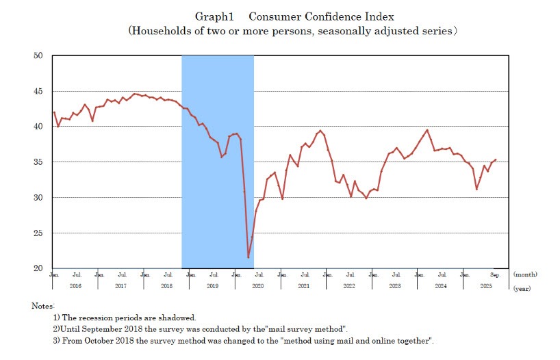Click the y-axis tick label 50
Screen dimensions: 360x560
click(x=38, y=55)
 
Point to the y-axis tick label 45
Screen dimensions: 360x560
click(x=38, y=91)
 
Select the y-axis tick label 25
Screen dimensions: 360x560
click(x=38, y=233)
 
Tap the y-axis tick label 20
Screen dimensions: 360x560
click(x=38, y=268)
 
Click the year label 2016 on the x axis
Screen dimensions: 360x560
click(x=75, y=285)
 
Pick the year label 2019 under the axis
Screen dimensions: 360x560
click(x=213, y=285)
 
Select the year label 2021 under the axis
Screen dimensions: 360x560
click(x=304, y=285)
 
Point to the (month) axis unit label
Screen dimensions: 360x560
click(x=526, y=274)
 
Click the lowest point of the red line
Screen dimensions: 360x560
click(x=248, y=257)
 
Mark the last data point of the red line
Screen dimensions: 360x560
click(x=496, y=160)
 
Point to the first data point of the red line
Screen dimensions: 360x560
click(x=54, y=112)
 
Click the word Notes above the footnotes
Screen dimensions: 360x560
click(x=42, y=305)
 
